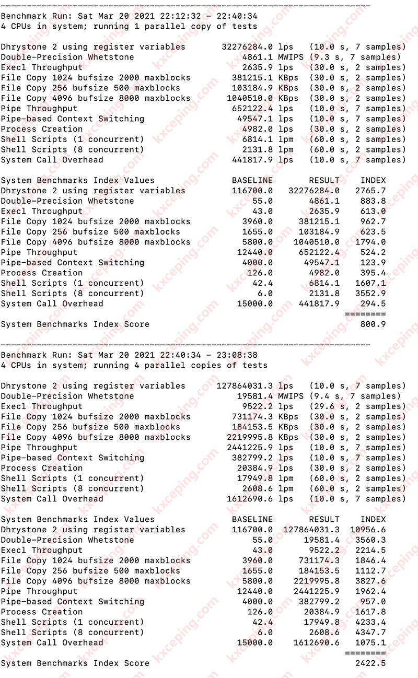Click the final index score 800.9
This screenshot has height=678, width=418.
(x=373, y=324)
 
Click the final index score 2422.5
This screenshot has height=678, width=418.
(x=370, y=663)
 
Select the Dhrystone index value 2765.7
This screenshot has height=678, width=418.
(x=373, y=191)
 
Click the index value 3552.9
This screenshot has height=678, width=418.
(x=373, y=294)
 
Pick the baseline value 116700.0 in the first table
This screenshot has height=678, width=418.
(x=252, y=191)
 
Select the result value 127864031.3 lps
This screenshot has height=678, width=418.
(x=245, y=386)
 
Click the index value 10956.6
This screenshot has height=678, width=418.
(x=370, y=530)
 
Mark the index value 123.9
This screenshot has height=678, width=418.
(x=373, y=263)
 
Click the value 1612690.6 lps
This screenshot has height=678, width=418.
(x=250, y=499)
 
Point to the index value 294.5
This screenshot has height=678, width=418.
(x=373, y=304)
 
